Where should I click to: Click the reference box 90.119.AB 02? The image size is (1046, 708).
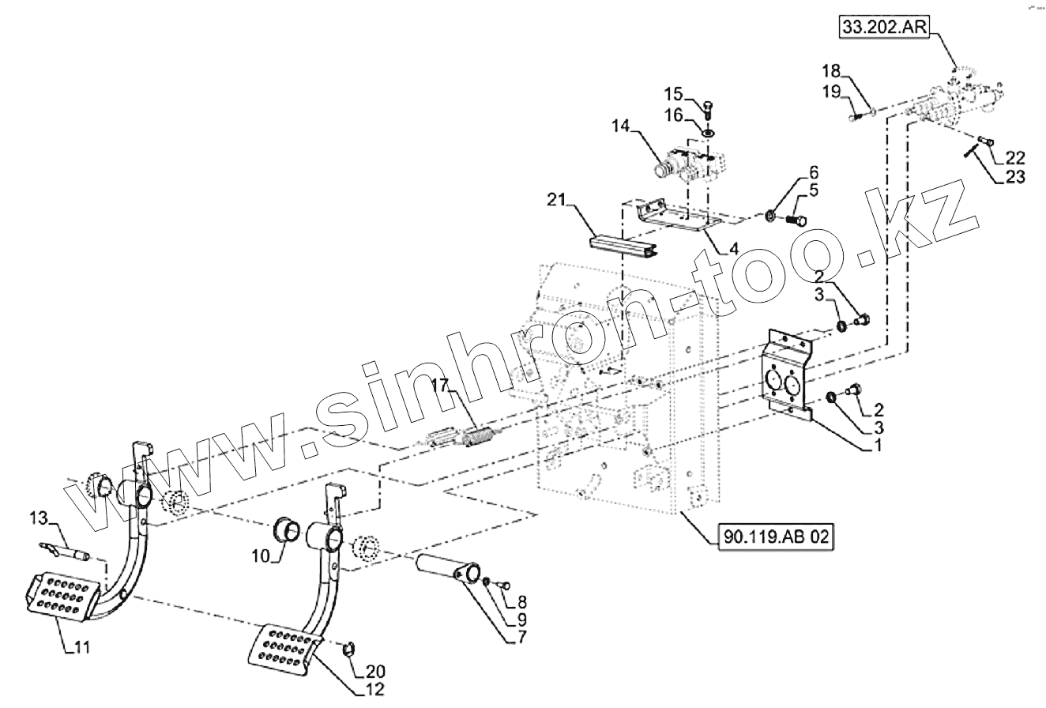776,537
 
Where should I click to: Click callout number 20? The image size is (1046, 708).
375,673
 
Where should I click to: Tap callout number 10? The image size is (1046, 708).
261,556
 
